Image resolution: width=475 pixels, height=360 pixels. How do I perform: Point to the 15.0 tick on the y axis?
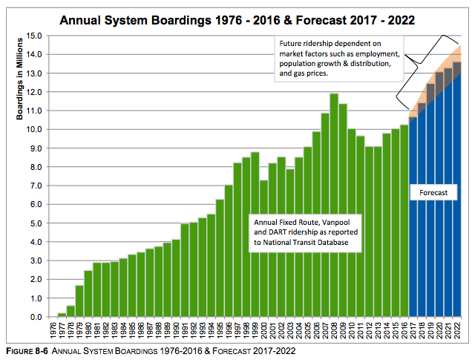34,36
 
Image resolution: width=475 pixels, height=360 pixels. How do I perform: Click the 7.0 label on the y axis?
34,186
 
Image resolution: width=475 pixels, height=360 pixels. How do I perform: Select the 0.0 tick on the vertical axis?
34,317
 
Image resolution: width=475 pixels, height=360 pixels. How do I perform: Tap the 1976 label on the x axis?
53,331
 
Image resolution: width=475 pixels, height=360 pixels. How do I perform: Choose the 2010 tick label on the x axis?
352,331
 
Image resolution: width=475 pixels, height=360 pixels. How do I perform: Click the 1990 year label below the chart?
176,331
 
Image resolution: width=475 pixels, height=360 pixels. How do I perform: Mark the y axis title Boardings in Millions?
19,82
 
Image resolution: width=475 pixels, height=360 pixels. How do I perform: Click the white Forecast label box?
432,192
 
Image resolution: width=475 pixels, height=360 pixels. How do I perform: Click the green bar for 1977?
62,315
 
